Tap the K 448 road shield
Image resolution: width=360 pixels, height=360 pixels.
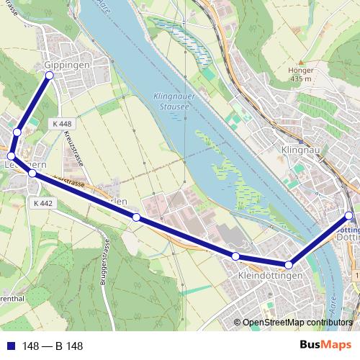tap(62, 124)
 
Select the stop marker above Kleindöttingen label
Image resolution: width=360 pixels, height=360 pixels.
tap(289, 265)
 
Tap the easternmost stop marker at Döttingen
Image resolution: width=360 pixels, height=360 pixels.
tap(349, 215)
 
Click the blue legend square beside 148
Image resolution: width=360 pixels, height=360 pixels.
tap(10, 346)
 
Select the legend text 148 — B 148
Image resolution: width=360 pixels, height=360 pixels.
tap(53, 346)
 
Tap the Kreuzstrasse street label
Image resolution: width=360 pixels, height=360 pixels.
tap(73, 148)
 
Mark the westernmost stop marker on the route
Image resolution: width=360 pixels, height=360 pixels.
tap(11, 156)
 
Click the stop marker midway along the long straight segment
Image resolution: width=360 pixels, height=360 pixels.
tap(135, 217)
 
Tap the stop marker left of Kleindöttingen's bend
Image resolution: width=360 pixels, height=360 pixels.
tap(235, 256)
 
